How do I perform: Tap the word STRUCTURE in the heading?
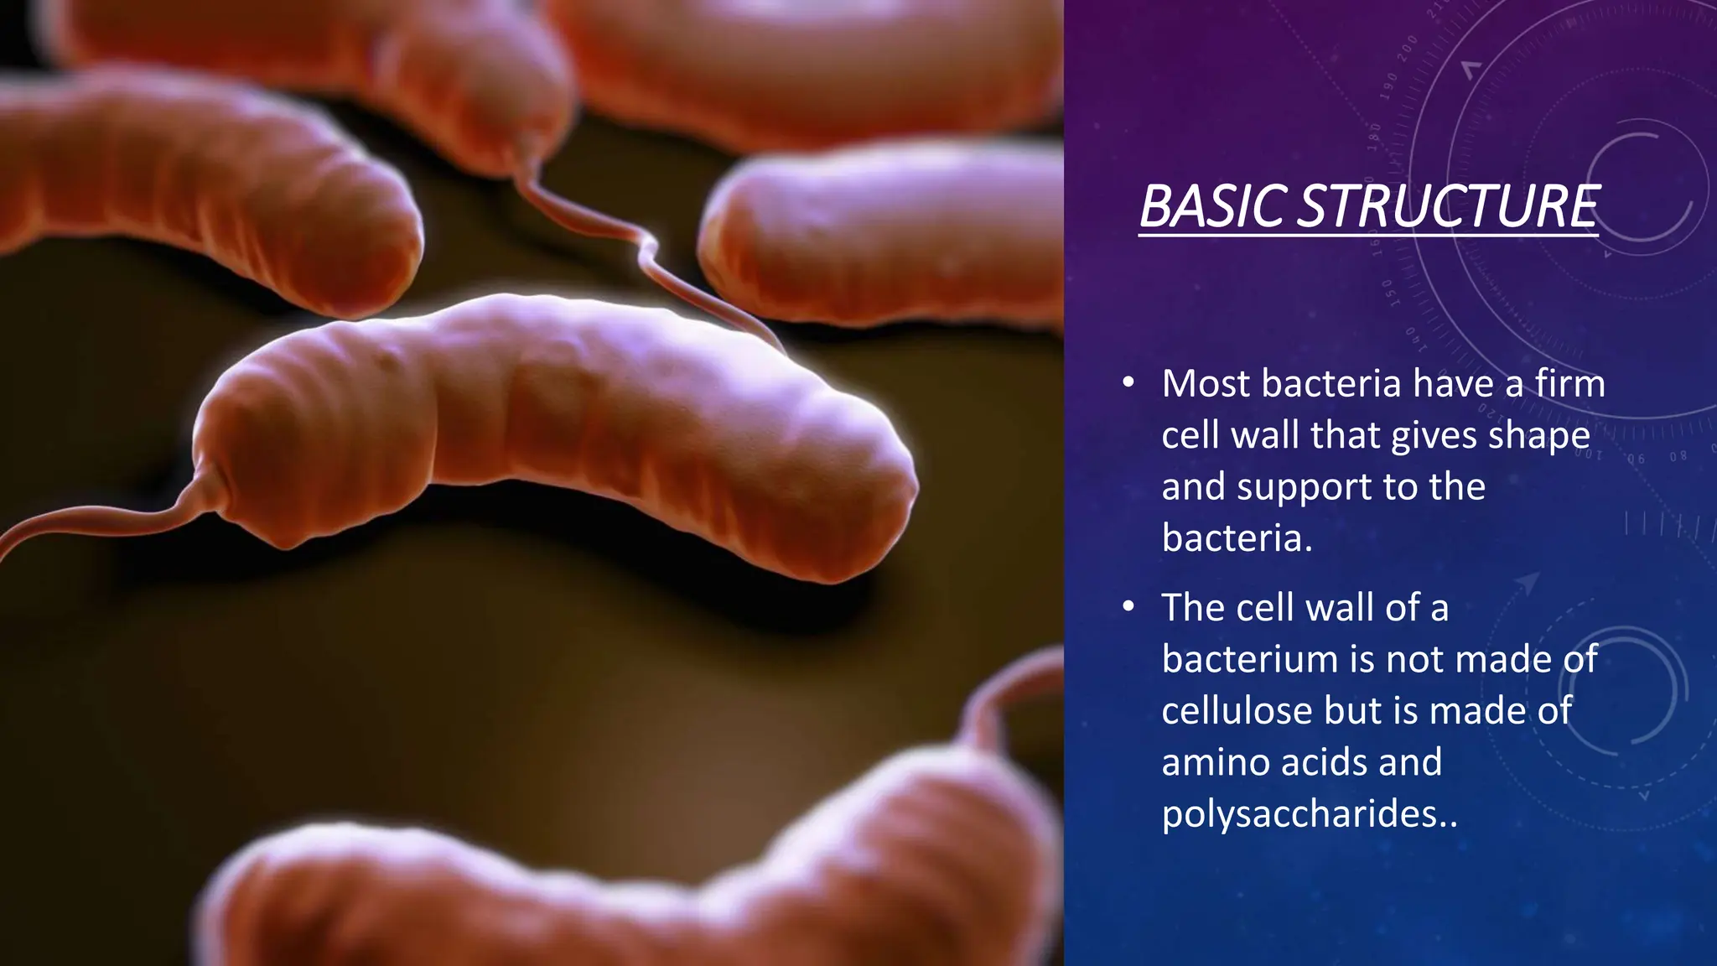coord(1448,206)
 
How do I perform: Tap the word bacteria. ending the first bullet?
coord(1237,538)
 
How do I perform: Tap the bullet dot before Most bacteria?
coord(1128,384)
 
